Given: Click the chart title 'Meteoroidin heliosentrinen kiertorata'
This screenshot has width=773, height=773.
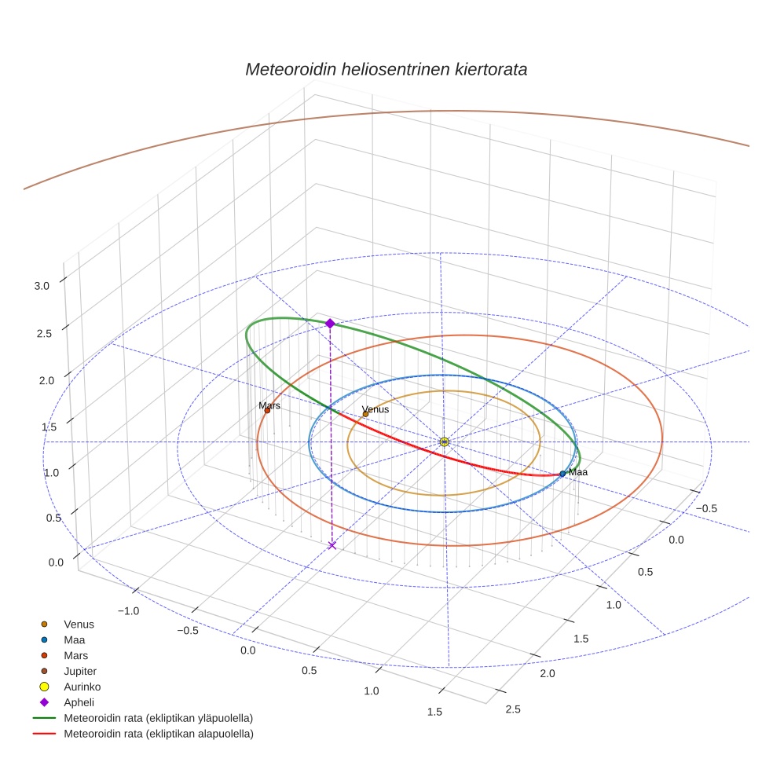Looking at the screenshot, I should tap(386, 69).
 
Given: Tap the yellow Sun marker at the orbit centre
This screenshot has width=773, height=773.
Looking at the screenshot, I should tap(445, 441).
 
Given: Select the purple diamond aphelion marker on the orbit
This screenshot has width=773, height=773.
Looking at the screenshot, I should tap(330, 323).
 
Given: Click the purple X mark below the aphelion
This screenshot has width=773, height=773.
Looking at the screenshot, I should tap(332, 545).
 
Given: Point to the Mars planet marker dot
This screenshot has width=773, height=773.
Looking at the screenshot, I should tap(267, 410).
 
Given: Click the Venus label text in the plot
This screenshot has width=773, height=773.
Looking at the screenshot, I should tap(375, 409).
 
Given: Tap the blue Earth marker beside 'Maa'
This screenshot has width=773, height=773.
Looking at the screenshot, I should tap(562, 474).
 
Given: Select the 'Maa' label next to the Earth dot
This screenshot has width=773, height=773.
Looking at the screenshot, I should tap(578, 472).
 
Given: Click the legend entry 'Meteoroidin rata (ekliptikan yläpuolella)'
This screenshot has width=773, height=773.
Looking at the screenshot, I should tap(158, 718).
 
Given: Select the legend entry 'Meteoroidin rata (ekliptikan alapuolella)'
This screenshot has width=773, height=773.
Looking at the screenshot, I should tap(158, 734).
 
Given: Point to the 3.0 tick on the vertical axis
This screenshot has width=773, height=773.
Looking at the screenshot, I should tap(42, 287).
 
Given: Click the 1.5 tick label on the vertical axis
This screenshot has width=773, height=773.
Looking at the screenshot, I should tap(49, 427).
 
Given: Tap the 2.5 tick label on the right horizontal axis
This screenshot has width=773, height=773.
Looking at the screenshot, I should tap(512, 709).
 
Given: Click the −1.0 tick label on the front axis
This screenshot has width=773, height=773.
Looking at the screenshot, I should tap(128, 611).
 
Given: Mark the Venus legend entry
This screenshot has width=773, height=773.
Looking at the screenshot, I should tap(79, 624).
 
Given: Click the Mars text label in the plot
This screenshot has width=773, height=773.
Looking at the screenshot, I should tap(269, 405).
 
